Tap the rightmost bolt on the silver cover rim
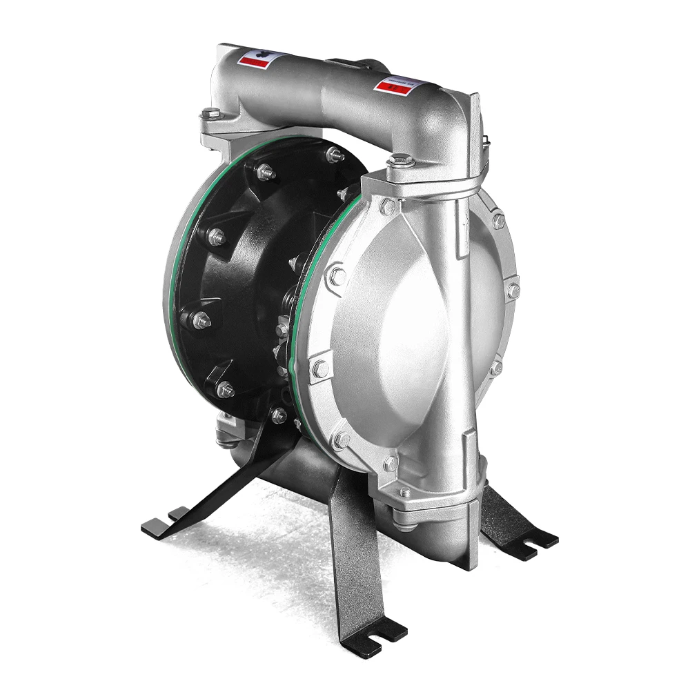tap(513, 290)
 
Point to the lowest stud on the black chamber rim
tap(279, 415)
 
